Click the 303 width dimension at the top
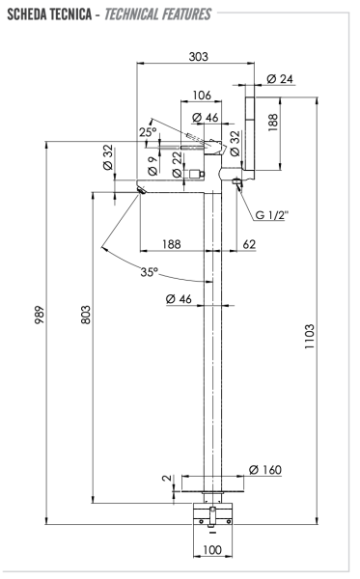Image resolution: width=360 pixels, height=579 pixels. tap(198, 57)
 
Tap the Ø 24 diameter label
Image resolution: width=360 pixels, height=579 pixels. tap(280, 79)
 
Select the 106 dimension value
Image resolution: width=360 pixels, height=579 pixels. tap(202, 95)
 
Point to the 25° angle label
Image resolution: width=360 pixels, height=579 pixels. tap(148, 132)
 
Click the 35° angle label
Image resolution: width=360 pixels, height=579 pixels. tap(149, 272)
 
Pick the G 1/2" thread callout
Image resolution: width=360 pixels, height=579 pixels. tap(271, 214)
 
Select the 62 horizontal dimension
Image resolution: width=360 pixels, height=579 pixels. tap(249, 244)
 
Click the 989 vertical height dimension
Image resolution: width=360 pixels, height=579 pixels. tap(40, 315)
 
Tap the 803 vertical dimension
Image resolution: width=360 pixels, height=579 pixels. tap(85, 315)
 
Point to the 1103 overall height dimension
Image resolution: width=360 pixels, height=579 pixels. tap(309, 337)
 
